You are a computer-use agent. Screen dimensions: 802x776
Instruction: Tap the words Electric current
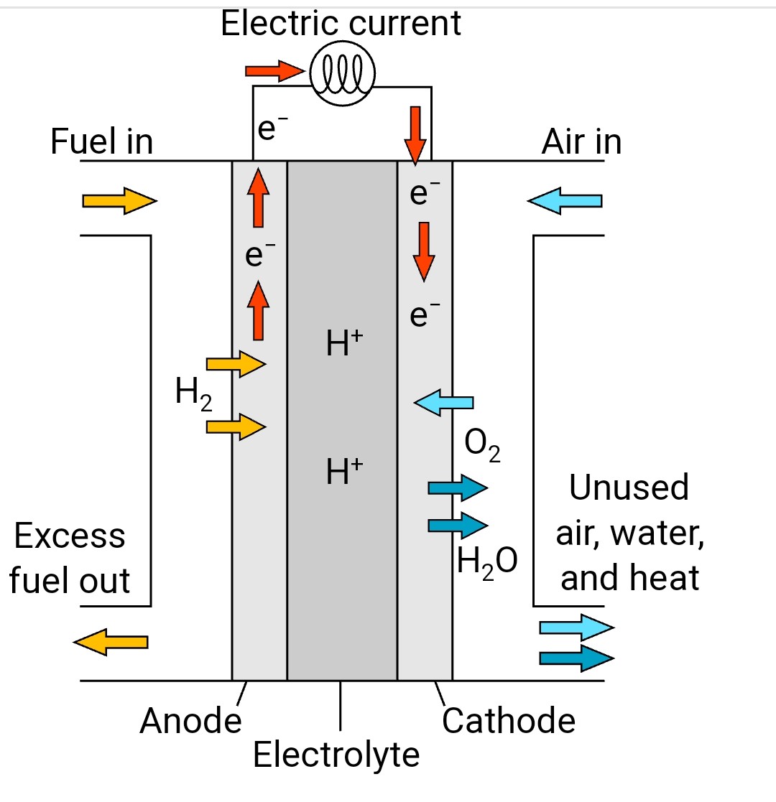pos(341,24)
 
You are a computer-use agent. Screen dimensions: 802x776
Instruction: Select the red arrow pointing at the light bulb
pos(274,70)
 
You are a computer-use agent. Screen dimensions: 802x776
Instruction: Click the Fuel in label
pos(102,141)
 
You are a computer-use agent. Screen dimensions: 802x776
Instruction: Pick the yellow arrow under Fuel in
pos(119,201)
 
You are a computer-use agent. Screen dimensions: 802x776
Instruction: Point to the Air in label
pos(581,141)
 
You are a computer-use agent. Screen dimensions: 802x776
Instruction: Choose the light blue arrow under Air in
pos(565,200)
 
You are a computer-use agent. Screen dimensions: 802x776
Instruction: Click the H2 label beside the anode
pos(193,394)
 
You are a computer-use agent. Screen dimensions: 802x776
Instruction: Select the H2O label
pos(487,561)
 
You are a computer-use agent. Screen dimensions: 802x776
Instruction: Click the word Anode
pos(190,721)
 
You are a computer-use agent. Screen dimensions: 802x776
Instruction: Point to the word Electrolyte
pos(336,755)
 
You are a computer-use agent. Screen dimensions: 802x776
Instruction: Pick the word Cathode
pos(509,721)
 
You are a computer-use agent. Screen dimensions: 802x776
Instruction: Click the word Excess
pos(70,536)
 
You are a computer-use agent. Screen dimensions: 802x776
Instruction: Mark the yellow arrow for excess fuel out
pos(111,641)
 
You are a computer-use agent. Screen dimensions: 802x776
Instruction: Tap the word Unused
pos(629,488)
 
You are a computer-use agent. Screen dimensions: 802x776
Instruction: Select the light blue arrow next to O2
pos(444,402)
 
